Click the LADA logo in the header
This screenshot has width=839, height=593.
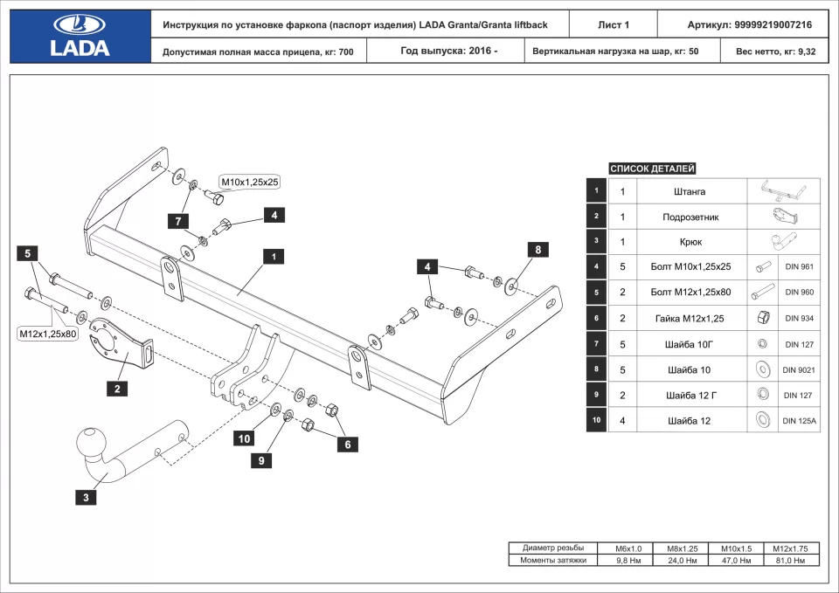(x=80, y=36)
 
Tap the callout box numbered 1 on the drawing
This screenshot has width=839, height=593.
(x=274, y=257)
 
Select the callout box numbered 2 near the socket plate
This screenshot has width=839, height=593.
(x=117, y=389)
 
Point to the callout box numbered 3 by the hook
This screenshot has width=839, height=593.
(x=86, y=498)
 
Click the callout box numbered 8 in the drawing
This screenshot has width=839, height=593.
(x=537, y=250)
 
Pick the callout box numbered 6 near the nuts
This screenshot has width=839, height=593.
(x=348, y=445)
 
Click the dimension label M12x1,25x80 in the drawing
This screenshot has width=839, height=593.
(x=48, y=334)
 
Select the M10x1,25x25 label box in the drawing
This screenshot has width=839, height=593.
(x=249, y=182)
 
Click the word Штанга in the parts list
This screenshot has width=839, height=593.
(x=690, y=191)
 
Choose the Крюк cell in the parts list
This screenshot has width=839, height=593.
(x=690, y=242)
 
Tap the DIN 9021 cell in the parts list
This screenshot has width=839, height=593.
(x=799, y=369)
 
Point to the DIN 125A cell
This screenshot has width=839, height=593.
(x=799, y=421)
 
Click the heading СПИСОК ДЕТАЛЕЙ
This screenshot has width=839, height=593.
(x=652, y=169)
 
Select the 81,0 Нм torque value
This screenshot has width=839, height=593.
(x=789, y=560)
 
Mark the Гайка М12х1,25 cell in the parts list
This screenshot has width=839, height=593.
(x=690, y=319)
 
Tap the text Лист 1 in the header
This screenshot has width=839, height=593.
(x=613, y=25)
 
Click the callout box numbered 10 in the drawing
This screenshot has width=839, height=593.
(x=244, y=438)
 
